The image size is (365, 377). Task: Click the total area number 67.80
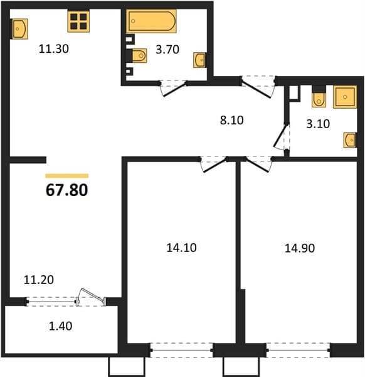[x=66, y=190]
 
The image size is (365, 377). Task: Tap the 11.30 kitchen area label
[x=54, y=49]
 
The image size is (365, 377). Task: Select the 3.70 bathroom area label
[x=167, y=50]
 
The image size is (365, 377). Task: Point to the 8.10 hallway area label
[x=232, y=120]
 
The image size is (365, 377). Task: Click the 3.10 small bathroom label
[x=318, y=124]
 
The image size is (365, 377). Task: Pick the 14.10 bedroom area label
[x=181, y=248]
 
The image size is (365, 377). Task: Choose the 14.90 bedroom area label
[x=300, y=248]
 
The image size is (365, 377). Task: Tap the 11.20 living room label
[x=39, y=280]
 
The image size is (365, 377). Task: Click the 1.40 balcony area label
[x=60, y=326]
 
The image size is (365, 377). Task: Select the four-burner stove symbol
[x=78, y=21]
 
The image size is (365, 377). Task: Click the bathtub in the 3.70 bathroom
[x=151, y=21]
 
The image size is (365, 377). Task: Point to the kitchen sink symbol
[x=19, y=29]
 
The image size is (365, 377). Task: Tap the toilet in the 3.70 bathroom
[x=139, y=55]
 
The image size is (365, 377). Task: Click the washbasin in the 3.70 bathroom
[x=199, y=60]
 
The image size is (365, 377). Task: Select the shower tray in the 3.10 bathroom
[x=345, y=97]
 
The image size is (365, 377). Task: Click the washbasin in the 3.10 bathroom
[x=350, y=139]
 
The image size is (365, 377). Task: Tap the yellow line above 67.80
[x=67, y=176]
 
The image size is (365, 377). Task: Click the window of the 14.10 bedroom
[x=182, y=350]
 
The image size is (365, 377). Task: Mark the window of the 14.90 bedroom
[x=298, y=350]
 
